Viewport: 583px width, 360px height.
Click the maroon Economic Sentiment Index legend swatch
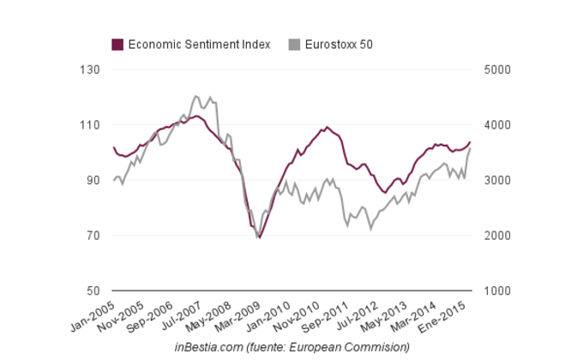tap(118, 44)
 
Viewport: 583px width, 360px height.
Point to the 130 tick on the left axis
tap(89, 69)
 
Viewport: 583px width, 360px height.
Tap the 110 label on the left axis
tap(89, 125)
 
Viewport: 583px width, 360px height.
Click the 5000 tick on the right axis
tap(497, 69)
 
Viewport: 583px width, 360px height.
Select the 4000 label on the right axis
tap(497, 125)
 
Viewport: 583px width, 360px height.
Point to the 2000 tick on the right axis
tap(497, 236)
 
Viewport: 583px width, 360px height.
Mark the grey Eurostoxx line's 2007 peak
tap(195, 95)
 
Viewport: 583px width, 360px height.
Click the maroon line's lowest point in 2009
tap(259, 237)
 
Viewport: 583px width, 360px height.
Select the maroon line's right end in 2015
tap(470, 141)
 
